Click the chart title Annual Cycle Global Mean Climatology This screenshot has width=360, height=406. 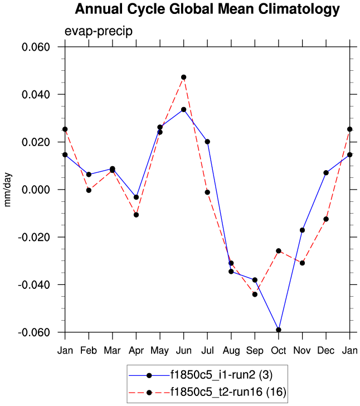[x=207, y=9]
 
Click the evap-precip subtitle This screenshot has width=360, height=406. [x=98, y=31]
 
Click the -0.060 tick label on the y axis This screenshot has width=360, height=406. [x=34, y=332]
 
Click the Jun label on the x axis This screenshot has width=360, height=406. [x=183, y=350]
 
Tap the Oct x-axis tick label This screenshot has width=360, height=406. [x=278, y=350]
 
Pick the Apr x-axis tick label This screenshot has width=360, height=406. [x=136, y=350]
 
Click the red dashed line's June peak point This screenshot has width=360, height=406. [x=183, y=77]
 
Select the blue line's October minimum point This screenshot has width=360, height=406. [x=278, y=330]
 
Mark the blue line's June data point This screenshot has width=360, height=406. [x=183, y=109]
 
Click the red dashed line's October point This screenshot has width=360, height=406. [x=278, y=251]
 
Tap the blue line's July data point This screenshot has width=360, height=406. [x=207, y=142]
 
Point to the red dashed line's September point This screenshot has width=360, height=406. [x=255, y=294]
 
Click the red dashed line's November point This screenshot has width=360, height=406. [x=302, y=263]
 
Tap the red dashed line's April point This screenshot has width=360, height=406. [x=136, y=215]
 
